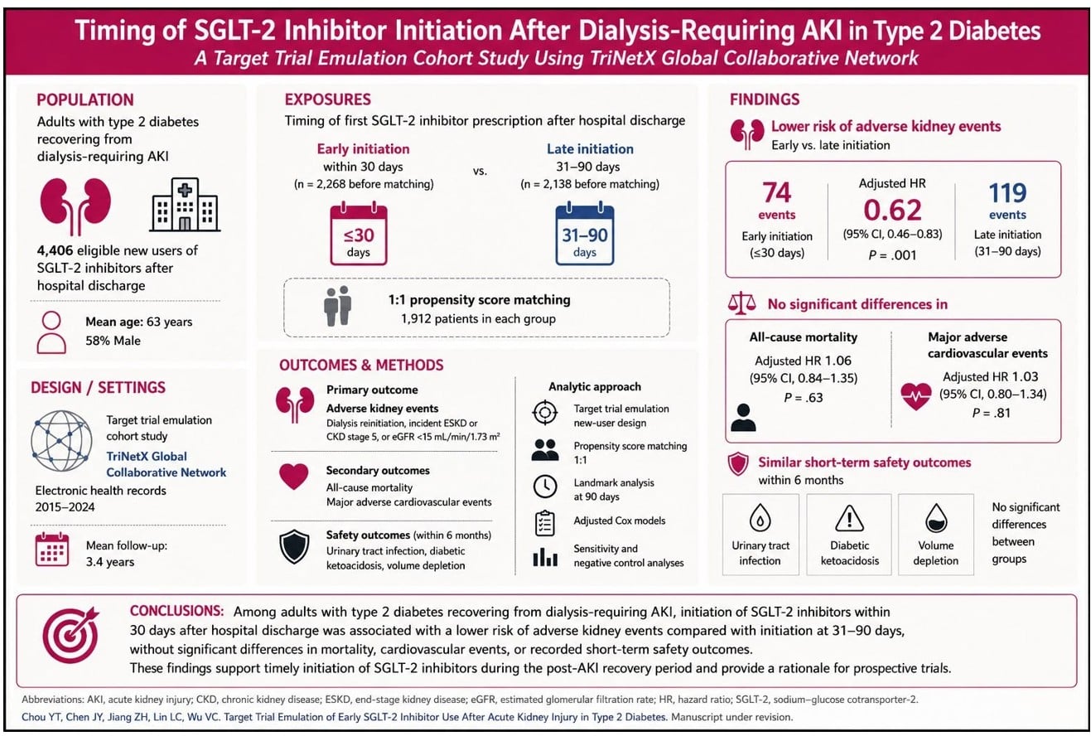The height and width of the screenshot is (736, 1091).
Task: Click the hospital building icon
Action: point(185,204)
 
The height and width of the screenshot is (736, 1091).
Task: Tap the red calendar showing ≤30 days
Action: point(359,235)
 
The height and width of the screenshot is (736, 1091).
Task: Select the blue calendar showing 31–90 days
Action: point(585,235)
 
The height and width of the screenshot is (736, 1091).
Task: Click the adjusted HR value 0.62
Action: point(892,210)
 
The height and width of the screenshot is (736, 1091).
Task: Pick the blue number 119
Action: point(1007,193)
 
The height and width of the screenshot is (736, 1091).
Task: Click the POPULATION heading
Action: point(85,100)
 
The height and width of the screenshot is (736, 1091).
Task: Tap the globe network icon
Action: point(61,441)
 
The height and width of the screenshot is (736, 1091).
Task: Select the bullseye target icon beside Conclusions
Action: point(71,635)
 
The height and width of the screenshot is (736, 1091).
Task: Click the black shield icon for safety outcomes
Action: point(294,546)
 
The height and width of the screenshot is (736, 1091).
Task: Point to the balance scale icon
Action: point(741,303)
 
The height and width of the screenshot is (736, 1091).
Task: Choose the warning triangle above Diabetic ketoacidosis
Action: point(849,518)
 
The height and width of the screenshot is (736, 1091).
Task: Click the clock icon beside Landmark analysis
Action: point(545,487)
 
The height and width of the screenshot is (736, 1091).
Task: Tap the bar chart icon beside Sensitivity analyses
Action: point(545,557)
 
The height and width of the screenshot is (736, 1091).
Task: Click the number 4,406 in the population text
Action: point(55,250)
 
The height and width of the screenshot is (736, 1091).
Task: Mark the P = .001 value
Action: point(892,255)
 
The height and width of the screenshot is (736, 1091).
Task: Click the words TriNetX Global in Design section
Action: point(147,456)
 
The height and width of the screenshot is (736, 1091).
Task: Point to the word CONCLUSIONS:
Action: point(176,611)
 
